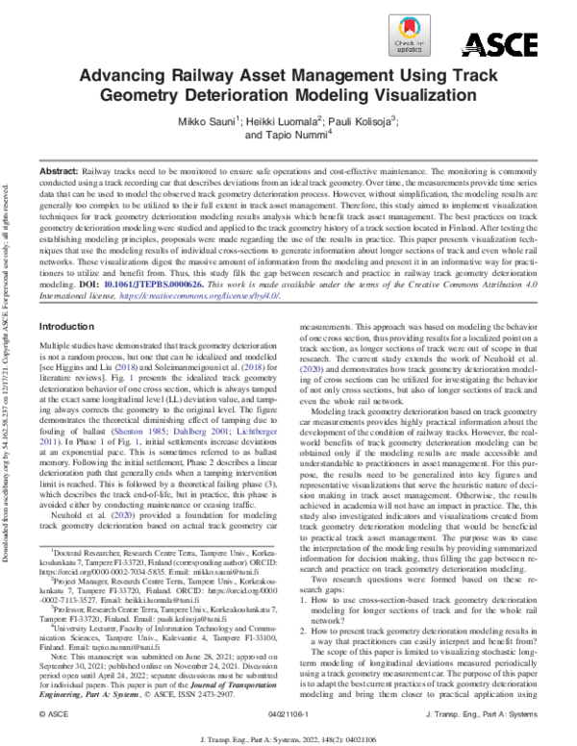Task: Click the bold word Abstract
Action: pyautogui.click(x=60, y=169)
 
